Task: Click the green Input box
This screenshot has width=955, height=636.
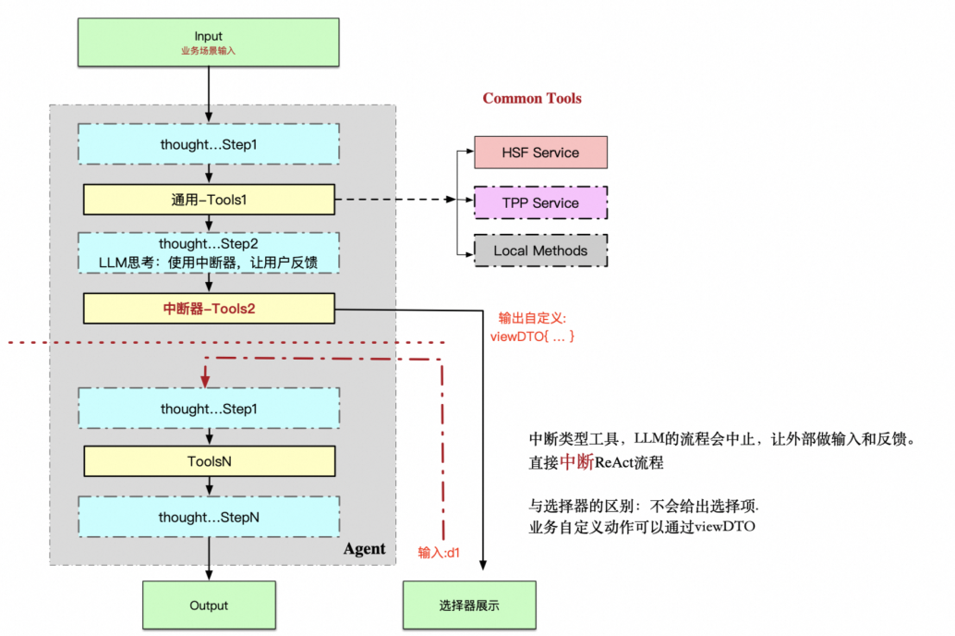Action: pos(209,43)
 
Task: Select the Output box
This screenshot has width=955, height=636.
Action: pos(209,605)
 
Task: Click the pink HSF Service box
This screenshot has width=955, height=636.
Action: pos(540,153)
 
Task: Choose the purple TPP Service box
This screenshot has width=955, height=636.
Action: pos(540,202)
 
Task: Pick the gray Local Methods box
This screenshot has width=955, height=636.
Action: pos(540,251)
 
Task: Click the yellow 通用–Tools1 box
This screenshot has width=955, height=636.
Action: pos(209,199)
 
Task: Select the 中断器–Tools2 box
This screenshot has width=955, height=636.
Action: pos(209,309)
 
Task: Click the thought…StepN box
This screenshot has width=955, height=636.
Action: pos(209,517)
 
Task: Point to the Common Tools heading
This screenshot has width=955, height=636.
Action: pos(532,98)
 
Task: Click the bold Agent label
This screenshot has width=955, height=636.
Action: pos(364,548)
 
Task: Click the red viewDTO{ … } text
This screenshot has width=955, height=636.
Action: pos(532,336)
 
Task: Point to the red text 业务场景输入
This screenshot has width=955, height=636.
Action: pos(209,51)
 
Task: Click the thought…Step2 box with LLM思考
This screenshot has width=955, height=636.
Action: pos(209,253)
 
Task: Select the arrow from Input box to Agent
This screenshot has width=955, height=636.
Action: pos(209,92)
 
